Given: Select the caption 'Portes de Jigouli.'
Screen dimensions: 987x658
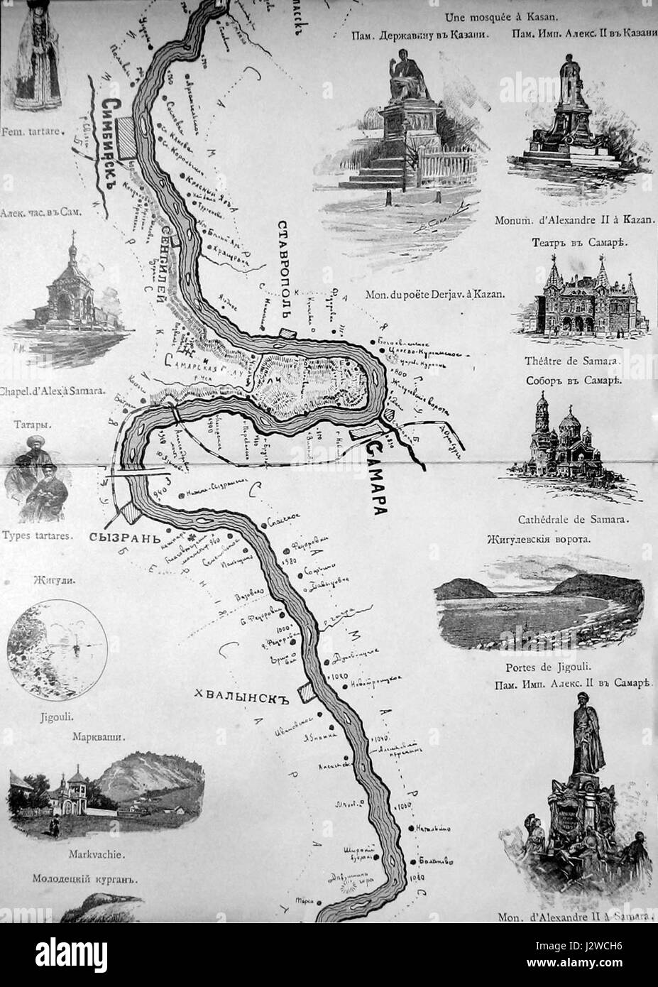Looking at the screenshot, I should (x=540, y=667).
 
